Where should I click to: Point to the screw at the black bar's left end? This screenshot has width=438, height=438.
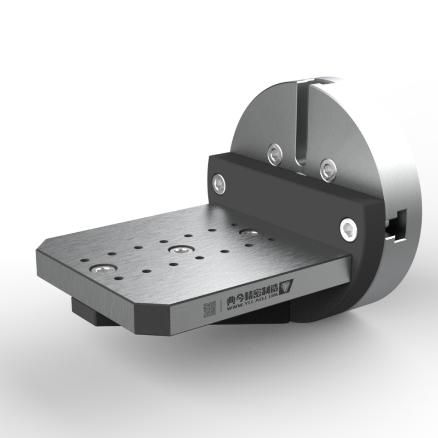[x=220, y=182]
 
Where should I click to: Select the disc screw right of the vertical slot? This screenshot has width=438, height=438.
[x=327, y=170]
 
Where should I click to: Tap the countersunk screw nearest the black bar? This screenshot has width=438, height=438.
[x=249, y=233]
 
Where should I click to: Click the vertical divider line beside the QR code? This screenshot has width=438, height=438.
[x=220, y=307]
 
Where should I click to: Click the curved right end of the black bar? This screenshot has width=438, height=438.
[x=367, y=241]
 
